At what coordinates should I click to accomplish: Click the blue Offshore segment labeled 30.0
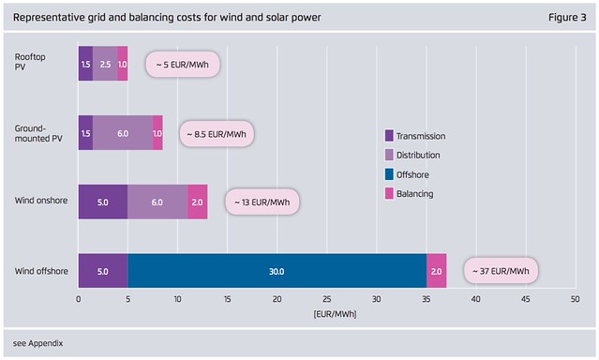pos(277,271)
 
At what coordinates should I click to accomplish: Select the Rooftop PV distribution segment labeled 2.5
pos(105,64)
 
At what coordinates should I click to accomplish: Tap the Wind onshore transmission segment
pos(103,202)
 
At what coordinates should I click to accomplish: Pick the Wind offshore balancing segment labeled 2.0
pos(437,271)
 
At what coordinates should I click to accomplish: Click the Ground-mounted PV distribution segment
pos(123,132)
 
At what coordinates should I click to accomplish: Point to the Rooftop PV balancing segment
pos(123,64)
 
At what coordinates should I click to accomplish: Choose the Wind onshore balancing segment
pos(198,202)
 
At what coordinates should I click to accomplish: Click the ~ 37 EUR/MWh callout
pos(501,271)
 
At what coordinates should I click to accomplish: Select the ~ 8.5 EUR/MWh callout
pos(217,134)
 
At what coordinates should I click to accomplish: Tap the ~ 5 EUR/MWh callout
pos(183,64)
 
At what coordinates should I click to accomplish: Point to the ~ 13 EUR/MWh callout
pos(262,202)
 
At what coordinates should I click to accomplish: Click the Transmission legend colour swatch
pos(389,136)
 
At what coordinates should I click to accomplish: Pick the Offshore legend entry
pos(407,174)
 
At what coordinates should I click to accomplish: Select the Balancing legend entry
pos(409,194)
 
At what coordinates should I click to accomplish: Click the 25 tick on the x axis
pos(326,299)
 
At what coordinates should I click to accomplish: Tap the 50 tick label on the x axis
pos(576,299)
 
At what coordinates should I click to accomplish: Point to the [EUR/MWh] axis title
pos(335,314)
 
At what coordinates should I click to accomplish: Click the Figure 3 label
pos(567,18)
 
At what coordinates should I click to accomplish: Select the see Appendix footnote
pos(37,343)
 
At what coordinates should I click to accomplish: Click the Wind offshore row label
pos(41,271)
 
